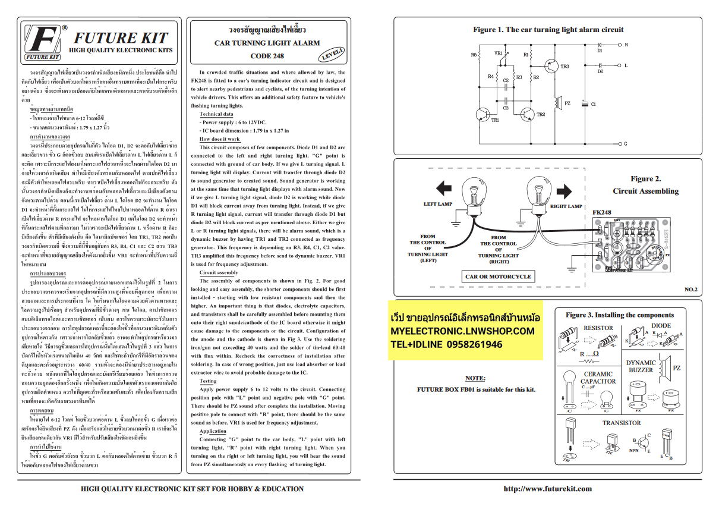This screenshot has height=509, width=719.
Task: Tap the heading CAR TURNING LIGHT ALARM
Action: click(267, 43)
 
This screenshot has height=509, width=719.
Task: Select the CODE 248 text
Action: click(267, 56)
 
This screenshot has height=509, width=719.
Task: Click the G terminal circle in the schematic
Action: click(619, 143)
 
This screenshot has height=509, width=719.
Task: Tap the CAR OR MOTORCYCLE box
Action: click(498, 277)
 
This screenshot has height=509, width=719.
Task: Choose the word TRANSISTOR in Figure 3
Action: click(621, 423)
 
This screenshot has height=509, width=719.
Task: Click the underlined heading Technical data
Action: click(216, 114)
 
